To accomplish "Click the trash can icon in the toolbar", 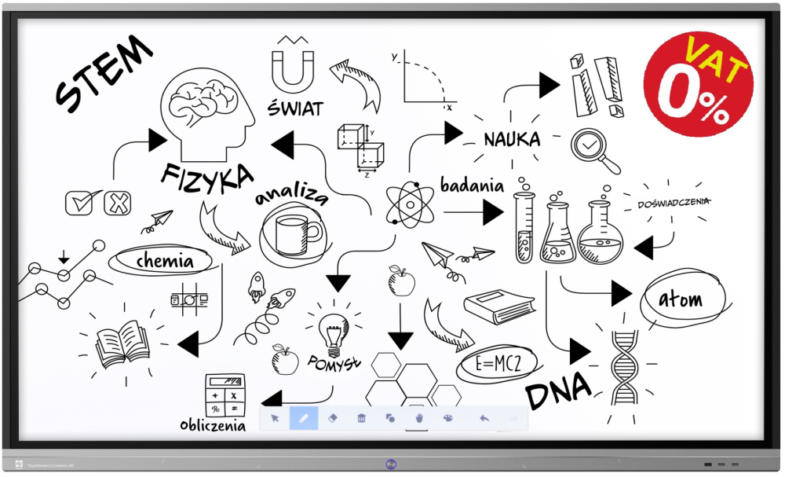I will (361, 418).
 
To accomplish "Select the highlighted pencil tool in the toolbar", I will (304, 418).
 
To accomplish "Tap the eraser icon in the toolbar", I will (332, 418).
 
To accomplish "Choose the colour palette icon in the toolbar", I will (448, 418).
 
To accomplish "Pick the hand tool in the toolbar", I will (419, 418).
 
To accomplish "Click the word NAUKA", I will (512, 140).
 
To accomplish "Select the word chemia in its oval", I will (164, 259).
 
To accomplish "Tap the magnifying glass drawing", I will (593, 149).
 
